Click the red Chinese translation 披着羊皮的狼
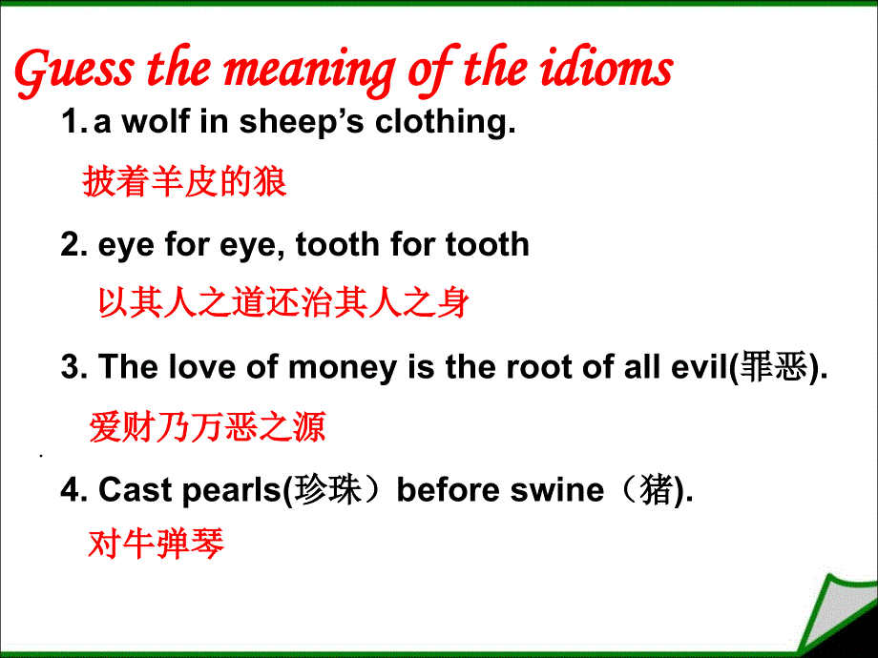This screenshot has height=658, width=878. click(x=184, y=181)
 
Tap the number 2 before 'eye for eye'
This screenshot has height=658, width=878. click(x=73, y=244)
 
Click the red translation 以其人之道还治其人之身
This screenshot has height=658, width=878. click(x=283, y=303)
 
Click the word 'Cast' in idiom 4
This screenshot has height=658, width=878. click(x=132, y=489)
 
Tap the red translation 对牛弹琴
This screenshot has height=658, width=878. click(x=156, y=545)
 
